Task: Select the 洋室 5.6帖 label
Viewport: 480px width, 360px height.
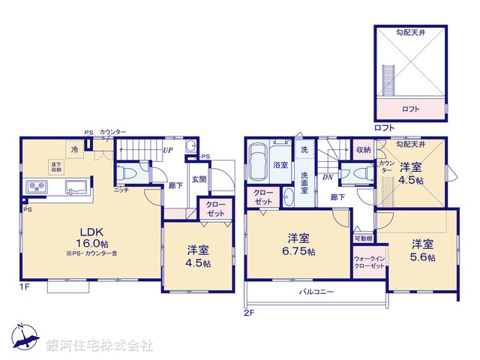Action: [421, 250]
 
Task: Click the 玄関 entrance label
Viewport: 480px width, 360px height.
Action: [199, 179]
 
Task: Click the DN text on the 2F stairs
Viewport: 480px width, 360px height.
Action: [328, 177]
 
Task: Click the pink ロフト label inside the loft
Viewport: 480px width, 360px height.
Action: [410, 109]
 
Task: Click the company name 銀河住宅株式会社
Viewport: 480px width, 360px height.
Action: [100, 346]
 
